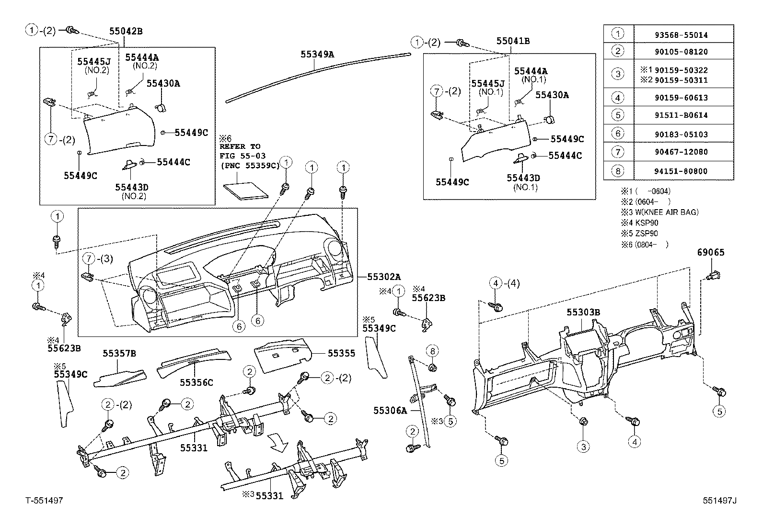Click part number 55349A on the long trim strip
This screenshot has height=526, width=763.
pos(317,54)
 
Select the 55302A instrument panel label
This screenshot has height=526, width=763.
pos(384,277)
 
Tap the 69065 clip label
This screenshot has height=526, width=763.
pos(711,252)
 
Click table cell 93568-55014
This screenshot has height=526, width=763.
pos(683,35)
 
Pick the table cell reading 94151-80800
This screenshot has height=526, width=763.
pos(683,171)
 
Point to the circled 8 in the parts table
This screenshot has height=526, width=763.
pos(618,170)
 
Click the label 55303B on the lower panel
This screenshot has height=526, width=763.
pos(583,312)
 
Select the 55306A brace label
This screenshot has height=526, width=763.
pos(390,410)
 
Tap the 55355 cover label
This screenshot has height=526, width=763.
pos(342,353)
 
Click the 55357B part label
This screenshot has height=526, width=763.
pos(119,354)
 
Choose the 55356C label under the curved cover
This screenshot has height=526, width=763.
pos(197,382)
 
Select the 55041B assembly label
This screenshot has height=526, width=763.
pos(513,41)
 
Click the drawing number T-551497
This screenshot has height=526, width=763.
pos(44,501)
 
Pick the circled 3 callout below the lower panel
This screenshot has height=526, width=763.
pos(583,447)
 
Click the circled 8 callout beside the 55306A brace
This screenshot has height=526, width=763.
pos(432,351)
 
